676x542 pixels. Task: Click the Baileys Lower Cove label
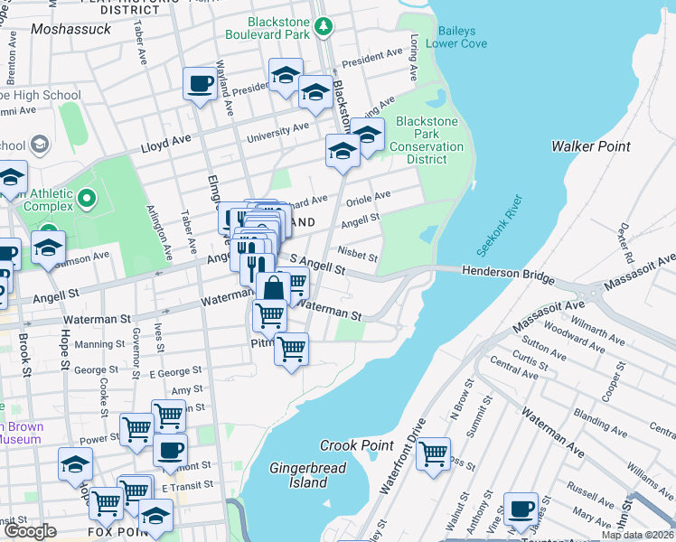[463, 36]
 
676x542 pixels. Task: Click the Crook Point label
[356, 445]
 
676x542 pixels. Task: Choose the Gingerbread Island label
[298, 475]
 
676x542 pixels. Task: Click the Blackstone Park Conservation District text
[427, 140]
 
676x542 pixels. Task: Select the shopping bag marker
[273, 289]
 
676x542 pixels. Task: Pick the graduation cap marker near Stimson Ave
[48, 247]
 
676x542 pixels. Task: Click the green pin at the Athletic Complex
[87, 196]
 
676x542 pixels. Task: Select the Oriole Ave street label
[368, 195]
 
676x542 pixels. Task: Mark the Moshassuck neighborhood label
[70, 29]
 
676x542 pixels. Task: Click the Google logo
[31, 531]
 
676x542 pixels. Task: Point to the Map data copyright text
[636, 535]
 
